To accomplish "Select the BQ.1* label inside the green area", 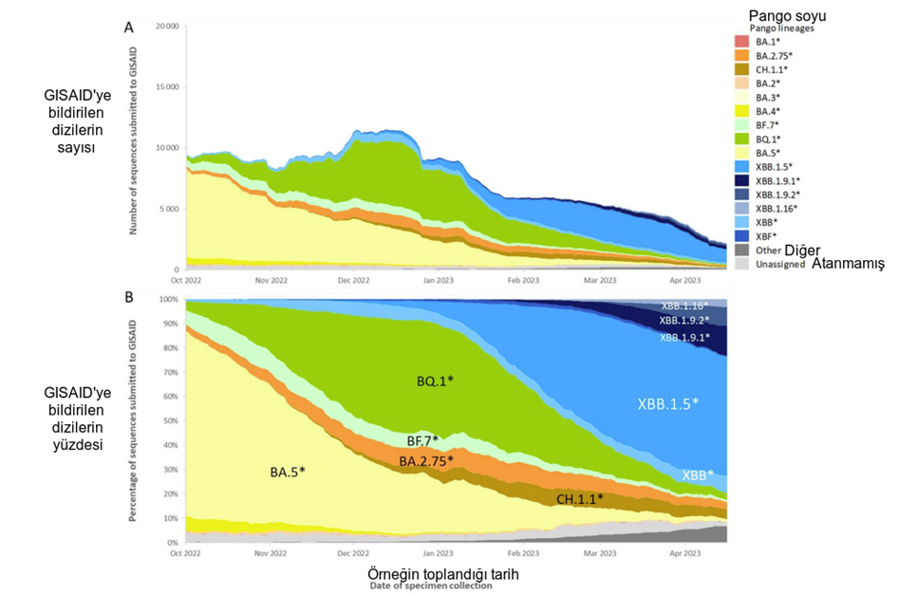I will [x=435, y=381].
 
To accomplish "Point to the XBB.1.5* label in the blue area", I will [x=667, y=403].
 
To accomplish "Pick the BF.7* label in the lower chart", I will [x=424, y=441].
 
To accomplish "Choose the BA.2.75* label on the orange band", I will [x=425, y=461].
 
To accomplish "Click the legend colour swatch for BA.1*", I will [x=742, y=42].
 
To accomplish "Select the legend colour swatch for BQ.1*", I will [x=742, y=139].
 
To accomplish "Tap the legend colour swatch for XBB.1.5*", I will [x=742, y=166].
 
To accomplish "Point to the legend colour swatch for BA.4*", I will [x=742, y=111].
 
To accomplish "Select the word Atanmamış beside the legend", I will [x=844, y=264].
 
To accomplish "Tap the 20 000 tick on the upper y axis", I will [x=167, y=27].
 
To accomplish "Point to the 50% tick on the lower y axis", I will [x=172, y=420].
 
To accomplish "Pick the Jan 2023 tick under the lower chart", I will [x=438, y=552].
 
